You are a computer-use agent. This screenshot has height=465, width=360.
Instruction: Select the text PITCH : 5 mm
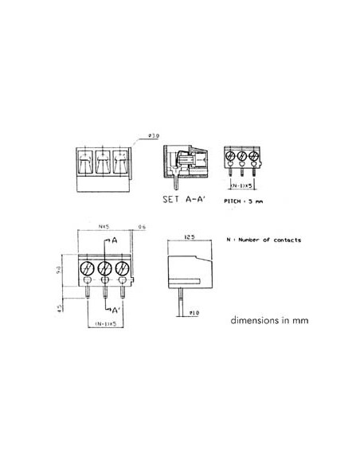(245, 202)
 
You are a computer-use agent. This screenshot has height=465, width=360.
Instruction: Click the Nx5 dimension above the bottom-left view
(103, 227)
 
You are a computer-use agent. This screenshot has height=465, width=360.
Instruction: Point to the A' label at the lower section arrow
(116, 309)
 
